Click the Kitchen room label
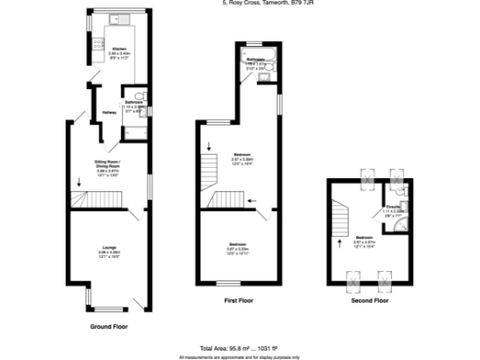pos(119,49)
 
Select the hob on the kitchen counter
pos(98,43)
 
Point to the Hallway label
pos(109,112)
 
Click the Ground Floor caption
pos(109,327)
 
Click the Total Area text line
pos(239,348)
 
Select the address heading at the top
pos(239,4)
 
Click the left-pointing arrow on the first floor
pos(250,200)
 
